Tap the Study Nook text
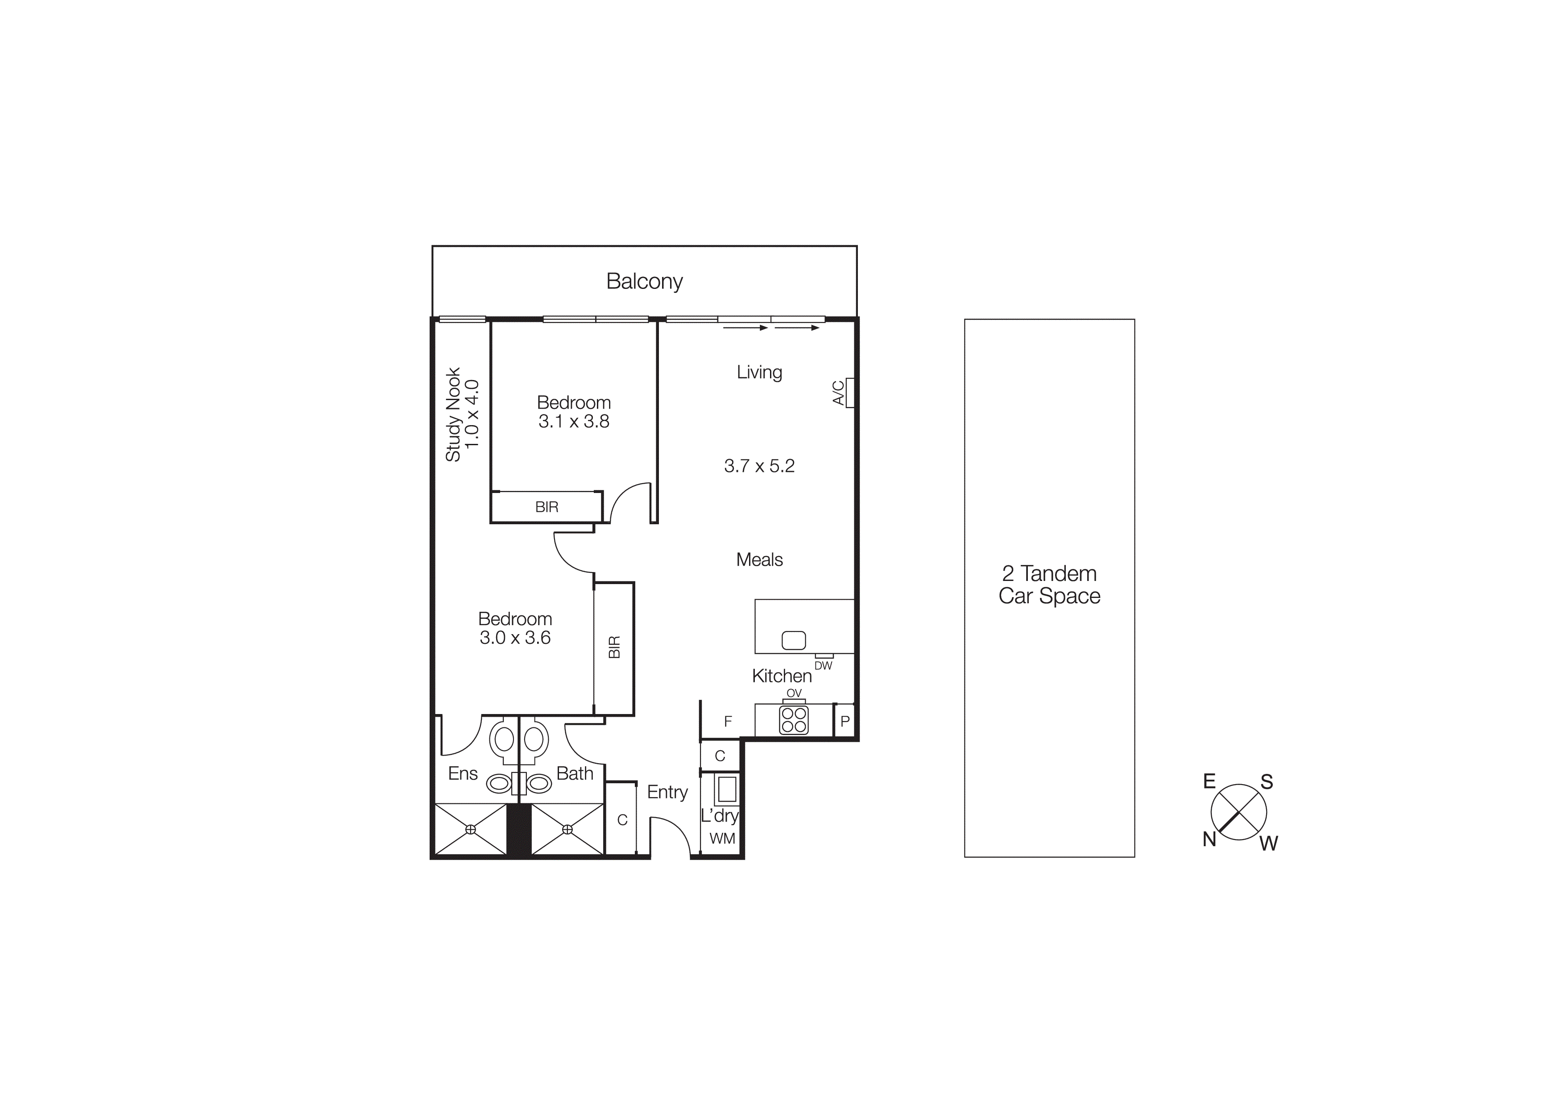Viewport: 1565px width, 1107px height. pos(453,415)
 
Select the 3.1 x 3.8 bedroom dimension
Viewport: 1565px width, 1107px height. pos(574,422)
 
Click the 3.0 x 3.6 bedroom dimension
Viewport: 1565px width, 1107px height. pos(515,638)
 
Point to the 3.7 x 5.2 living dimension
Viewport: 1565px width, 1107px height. pos(759,466)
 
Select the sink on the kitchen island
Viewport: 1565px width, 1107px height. pos(793,640)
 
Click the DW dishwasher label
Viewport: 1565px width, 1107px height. pos(824,666)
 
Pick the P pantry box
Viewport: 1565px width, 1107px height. pos(845,721)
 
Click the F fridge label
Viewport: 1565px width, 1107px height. pos(728,721)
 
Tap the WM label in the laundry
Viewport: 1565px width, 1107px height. pos(723,838)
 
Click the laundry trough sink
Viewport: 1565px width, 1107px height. pos(726,790)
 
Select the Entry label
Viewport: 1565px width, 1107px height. pos(667,792)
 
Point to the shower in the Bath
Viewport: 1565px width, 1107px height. pos(567,829)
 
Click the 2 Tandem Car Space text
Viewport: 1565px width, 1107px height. pos(1049,585)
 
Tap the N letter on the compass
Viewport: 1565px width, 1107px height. pos(1209,840)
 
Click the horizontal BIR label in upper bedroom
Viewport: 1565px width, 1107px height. pos(547,507)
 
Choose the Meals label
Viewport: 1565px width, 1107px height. pos(759,560)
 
